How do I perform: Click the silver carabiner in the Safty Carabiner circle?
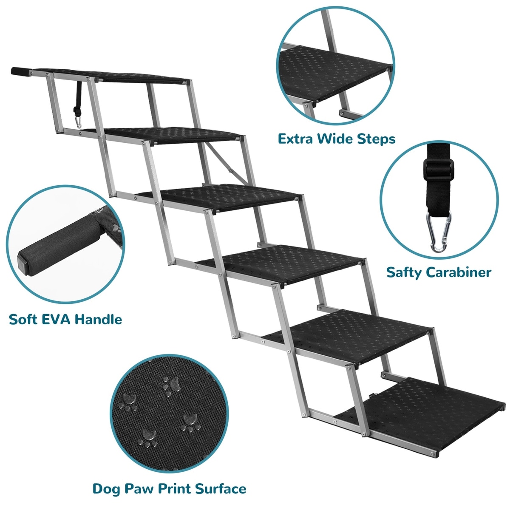(x=438, y=232)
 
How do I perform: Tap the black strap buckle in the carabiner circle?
(x=438, y=169)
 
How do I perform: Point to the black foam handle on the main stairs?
(x=21, y=71)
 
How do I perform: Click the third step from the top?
(x=218, y=198)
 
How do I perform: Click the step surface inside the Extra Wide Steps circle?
(x=334, y=73)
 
